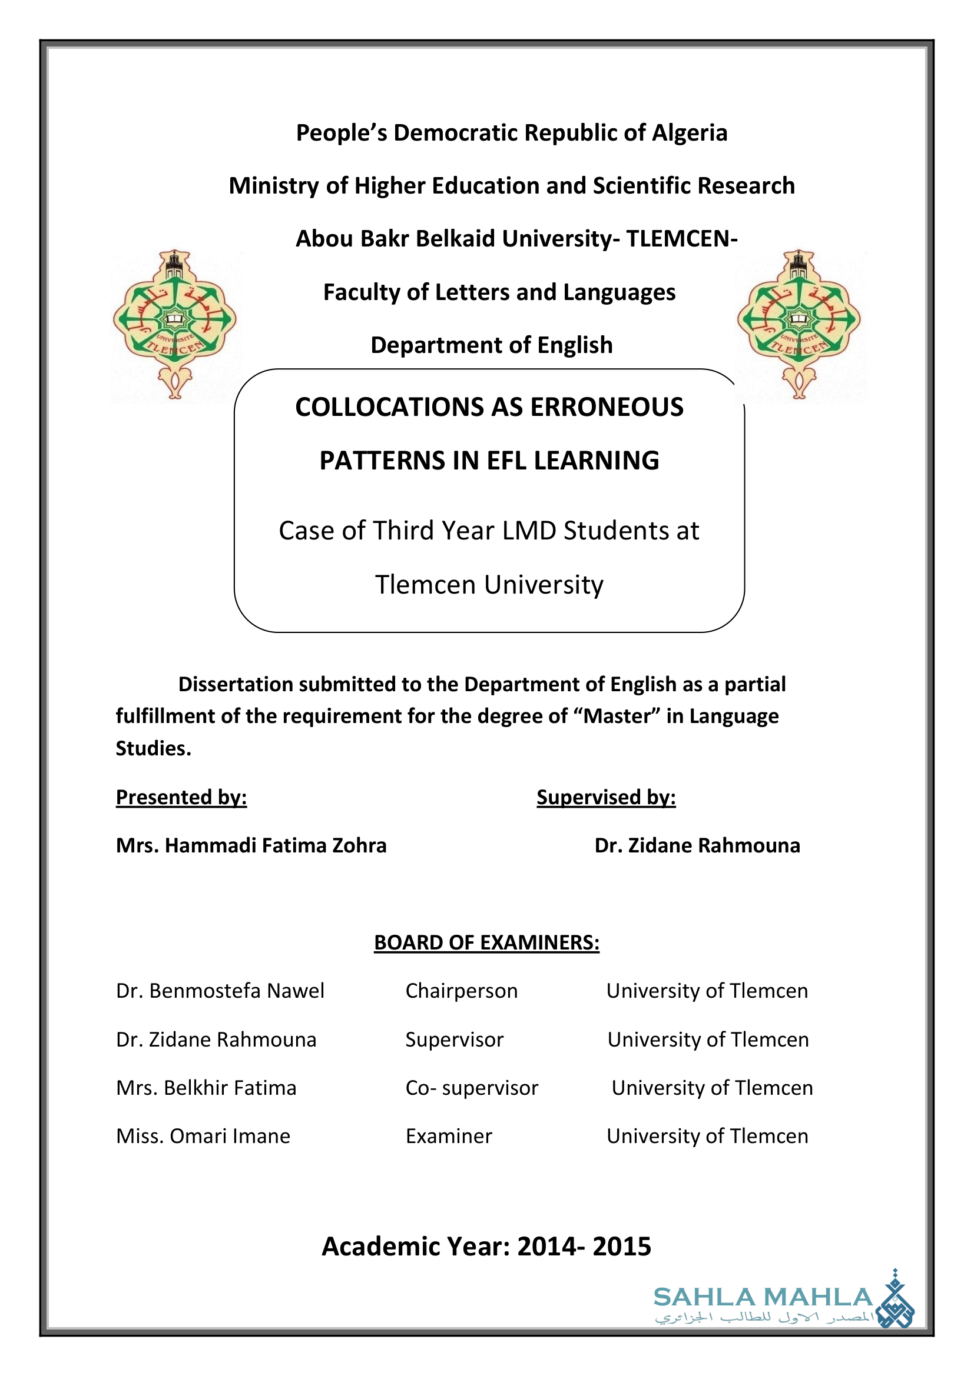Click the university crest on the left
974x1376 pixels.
pyautogui.click(x=174, y=324)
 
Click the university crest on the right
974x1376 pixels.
pyautogui.click(x=799, y=324)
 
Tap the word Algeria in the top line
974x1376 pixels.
pyautogui.click(x=689, y=133)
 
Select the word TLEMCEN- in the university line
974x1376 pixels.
pyautogui.click(x=681, y=239)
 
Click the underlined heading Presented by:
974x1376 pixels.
pyautogui.click(x=181, y=797)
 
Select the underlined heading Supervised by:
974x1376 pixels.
pyautogui.click(x=606, y=797)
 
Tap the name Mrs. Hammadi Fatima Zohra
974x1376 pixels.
pyautogui.click(x=251, y=845)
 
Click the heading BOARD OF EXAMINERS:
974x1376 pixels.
pyautogui.click(x=486, y=942)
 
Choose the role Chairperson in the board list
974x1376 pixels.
pyautogui.click(x=461, y=991)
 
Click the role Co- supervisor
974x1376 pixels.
pyautogui.click(x=472, y=1088)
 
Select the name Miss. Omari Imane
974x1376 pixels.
pyautogui.click(x=203, y=1137)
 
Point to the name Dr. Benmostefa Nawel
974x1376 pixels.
pyautogui.click(x=220, y=991)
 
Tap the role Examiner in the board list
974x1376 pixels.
pyautogui.click(x=449, y=1137)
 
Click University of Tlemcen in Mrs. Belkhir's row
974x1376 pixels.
pyautogui.click(x=712, y=1088)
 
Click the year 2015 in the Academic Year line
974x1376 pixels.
pyautogui.click(x=621, y=1247)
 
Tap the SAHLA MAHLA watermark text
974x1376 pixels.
pyautogui.click(x=763, y=1298)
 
